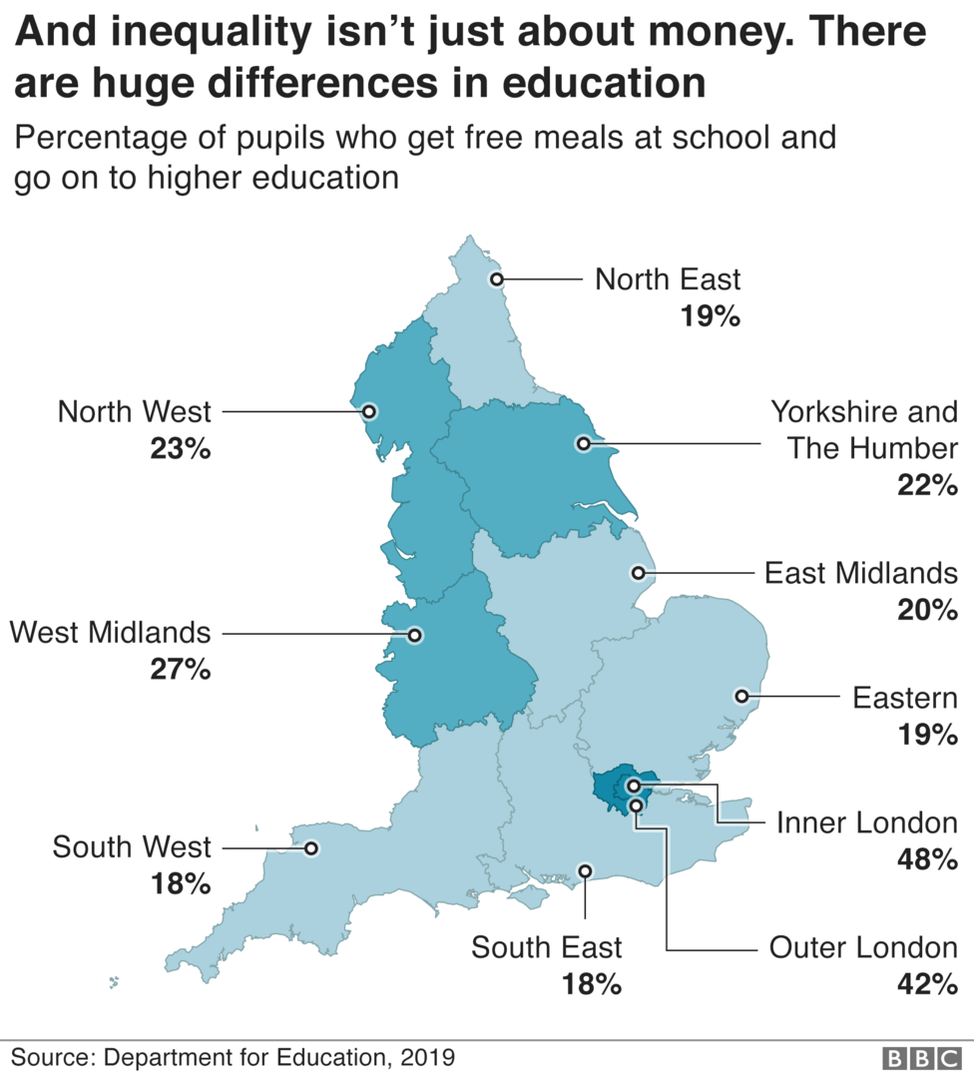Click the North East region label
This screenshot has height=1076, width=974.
tap(668, 278)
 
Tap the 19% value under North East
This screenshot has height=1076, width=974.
tap(710, 316)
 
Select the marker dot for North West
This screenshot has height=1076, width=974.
tap(369, 411)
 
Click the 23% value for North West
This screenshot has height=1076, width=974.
tap(181, 449)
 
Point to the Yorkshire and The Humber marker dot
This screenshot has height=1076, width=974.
tap(584, 443)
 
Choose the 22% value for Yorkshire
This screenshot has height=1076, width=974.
tap(927, 485)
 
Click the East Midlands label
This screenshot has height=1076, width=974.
tap(860, 573)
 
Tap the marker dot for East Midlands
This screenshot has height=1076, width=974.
tap(639, 573)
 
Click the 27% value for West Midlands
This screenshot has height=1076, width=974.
tap(181, 670)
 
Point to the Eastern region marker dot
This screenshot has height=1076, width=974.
tap(741, 696)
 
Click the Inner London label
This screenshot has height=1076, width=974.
tap(866, 822)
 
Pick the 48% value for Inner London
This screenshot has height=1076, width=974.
tap(927, 858)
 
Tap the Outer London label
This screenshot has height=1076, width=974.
tap(863, 947)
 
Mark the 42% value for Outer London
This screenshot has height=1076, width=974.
tap(927, 984)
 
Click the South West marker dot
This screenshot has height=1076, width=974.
tap(310, 848)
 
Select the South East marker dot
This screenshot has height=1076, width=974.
tap(586, 870)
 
